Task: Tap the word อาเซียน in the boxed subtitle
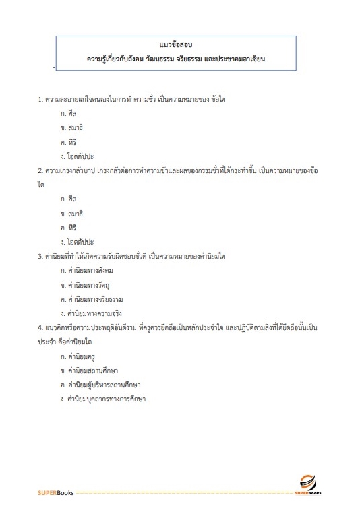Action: pos(247,59)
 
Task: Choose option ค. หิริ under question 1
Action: pos(67,142)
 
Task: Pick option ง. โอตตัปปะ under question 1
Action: pos(77,156)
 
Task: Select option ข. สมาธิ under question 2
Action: pos(71,213)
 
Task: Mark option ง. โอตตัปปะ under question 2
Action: pos(77,241)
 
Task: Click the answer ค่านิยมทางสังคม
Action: pos(89,270)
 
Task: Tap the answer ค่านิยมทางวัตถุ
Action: pos(88,284)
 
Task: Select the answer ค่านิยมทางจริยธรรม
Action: pos(92,298)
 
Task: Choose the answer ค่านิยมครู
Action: pos(79,355)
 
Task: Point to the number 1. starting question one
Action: pos(40,100)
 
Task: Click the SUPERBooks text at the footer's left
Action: pos(55,494)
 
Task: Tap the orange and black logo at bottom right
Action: pos(308,483)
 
